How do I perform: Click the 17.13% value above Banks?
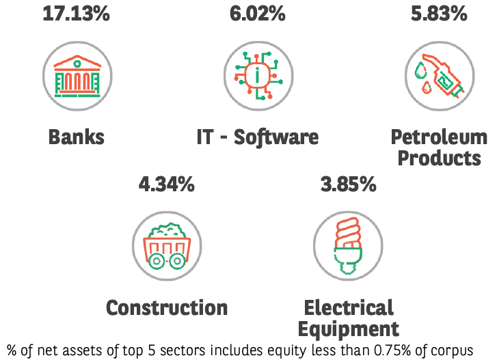pyautogui.click(x=76, y=14)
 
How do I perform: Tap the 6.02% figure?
pyautogui.click(x=256, y=14)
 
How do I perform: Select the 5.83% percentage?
pyautogui.click(x=438, y=14)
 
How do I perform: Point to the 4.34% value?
pyautogui.click(x=166, y=184)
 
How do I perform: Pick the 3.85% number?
pyautogui.click(x=348, y=184)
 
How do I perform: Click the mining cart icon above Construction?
pyautogui.click(x=166, y=246)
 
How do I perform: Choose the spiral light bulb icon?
pyautogui.click(x=348, y=246)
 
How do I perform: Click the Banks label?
pyautogui.click(x=76, y=137)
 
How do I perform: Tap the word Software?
pyautogui.click(x=276, y=137)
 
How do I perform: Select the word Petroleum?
pyautogui.click(x=439, y=137)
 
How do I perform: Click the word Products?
pyautogui.click(x=439, y=158)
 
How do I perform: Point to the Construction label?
pyautogui.click(x=166, y=307)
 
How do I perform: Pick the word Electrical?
pyautogui.click(x=349, y=307)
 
